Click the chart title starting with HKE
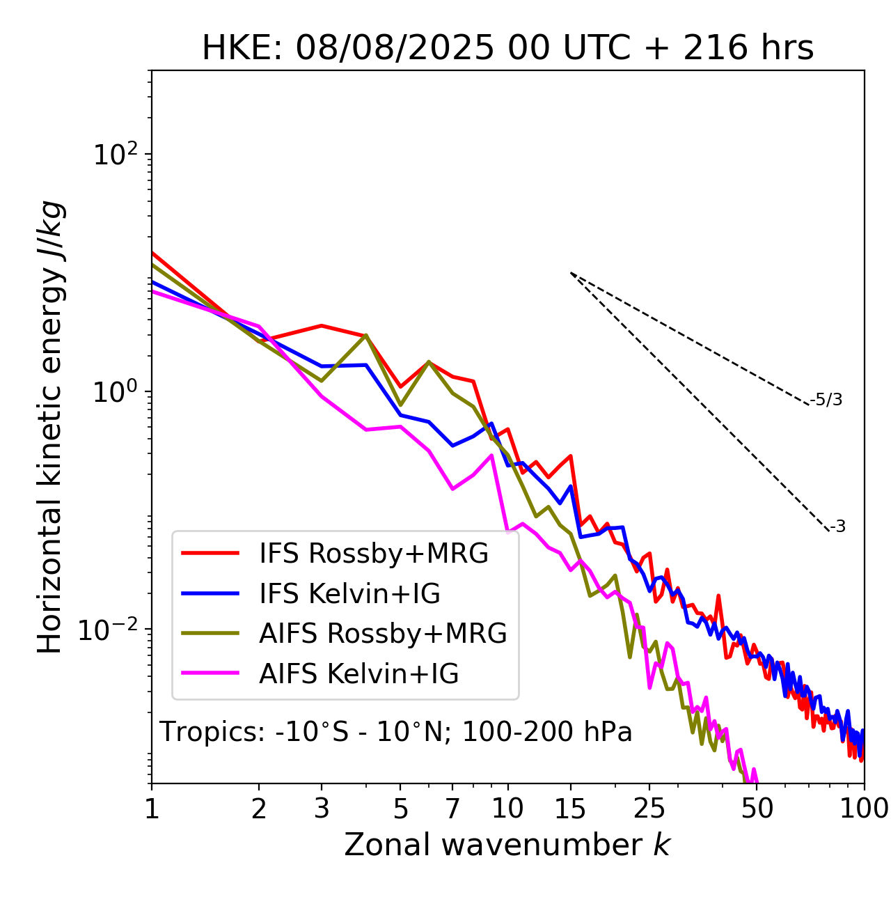point(507,49)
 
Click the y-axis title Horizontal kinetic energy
point(50,427)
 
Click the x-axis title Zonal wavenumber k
point(507,844)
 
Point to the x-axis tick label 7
point(452,809)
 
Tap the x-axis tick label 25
point(649,809)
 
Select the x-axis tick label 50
point(757,809)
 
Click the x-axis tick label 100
point(864,809)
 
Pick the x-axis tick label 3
point(322,809)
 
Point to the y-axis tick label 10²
point(115,154)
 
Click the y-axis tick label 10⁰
point(115,391)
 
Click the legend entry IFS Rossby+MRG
point(373,553)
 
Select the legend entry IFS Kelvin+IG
point(349,593)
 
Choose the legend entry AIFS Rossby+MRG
point(382,633)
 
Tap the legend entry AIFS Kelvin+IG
point(358,673)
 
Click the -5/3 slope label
point(826,400)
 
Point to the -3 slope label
point(837,526)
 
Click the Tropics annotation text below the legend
point(395,732)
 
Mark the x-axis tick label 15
point(570,809)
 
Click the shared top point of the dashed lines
point(571,273)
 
